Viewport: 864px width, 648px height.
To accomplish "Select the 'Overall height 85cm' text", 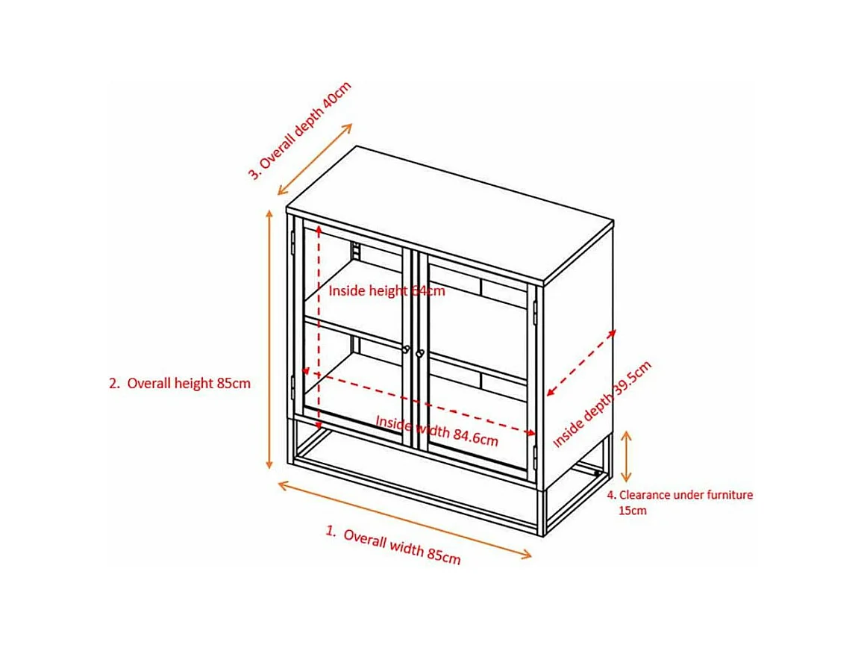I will pos(188,384).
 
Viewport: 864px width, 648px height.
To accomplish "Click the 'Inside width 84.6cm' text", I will pos(436,431).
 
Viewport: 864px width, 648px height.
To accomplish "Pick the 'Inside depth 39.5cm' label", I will pos(602,405).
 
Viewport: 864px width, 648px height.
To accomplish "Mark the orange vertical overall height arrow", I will pos(270,340).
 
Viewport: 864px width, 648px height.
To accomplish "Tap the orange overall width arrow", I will pos(404,520).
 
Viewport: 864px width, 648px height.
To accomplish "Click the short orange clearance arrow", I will pos(627,455).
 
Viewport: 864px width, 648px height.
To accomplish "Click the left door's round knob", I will pos(407,349).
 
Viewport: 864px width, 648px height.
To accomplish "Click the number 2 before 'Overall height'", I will pos(114,384).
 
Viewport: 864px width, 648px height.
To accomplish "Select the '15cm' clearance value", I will pos(632,511).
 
